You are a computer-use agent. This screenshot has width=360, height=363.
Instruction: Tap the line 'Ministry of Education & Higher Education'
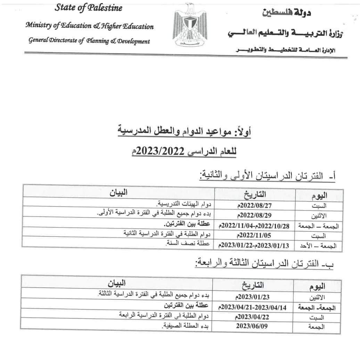(89, 26)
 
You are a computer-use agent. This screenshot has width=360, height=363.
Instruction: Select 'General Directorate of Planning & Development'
(89, 41)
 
